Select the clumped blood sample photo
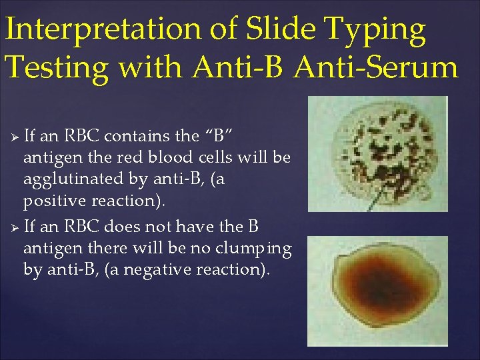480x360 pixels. point(377,153)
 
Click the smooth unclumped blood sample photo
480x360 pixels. point(377,291)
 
